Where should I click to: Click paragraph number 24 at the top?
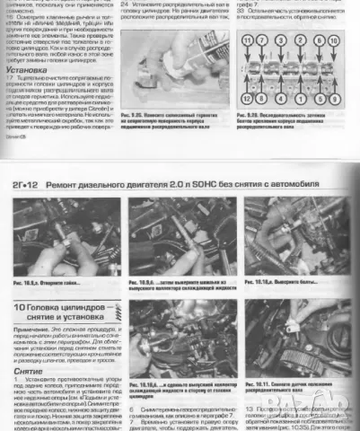click(123, 4)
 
